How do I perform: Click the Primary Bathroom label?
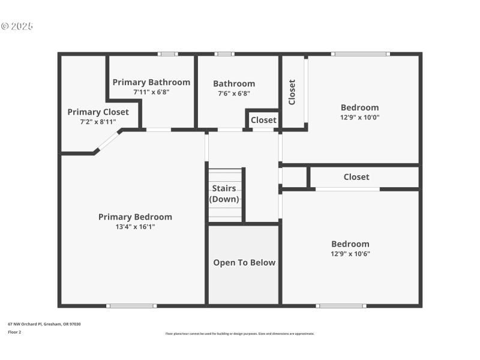pyautogui.click(x=151, y=82)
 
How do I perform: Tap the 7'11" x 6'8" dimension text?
pyautogui.click(x=151, y=92)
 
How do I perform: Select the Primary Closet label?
pyautogui.click(x=98, y=112)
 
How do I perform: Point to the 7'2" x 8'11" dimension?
pyautogui.click(x=98, y=122)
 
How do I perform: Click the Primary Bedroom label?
pyautogui.click(x=135, y=217)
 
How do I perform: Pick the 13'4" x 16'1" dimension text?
pyautogui.click(x=135, y=227)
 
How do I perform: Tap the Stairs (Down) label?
pyautogui.click(x=224, y=194)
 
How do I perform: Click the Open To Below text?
pyautogui.click(x=244, y=263)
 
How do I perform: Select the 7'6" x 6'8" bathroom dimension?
pyautogui.click(x=234, y=94)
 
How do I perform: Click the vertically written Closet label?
pyautogui.click(x=292, y=92)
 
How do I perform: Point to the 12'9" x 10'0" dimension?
pyautogui.click(x=359, y=118)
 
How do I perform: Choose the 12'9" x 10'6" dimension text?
pyautogui.click(x=350, y=254)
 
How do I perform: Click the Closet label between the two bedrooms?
pyautogui.click(x=356, y=177)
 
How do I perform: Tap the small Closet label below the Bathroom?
pyautogui.click(x=263, y=120)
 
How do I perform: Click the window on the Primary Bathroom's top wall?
pyautogui.click(x=168, y=54)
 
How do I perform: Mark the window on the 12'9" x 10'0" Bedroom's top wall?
pyautogui.click(x=361, y=54)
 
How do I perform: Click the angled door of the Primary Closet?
pyautogui.click(x=108, y=141)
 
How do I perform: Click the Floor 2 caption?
pyautogui.click(x=14, y=332)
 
